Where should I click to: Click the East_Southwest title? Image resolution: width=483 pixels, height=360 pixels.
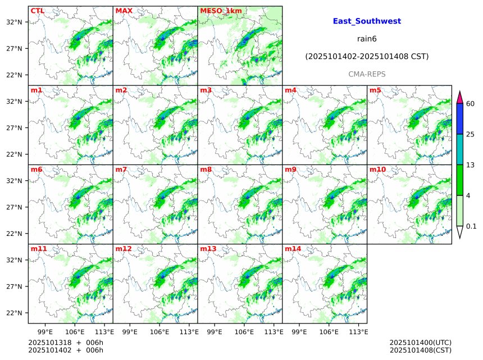(367, 21)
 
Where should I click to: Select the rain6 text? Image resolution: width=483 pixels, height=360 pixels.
(367, 39)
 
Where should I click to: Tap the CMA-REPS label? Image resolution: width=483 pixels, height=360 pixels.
(367, 74)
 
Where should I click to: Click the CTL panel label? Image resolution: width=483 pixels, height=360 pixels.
(38, 11)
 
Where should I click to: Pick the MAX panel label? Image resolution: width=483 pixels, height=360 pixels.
(124, 11)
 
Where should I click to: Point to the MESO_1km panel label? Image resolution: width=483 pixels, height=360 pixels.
(221, 11)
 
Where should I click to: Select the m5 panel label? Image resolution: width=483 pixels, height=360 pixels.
(375, 90)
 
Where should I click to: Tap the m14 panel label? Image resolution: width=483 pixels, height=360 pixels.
(292, 248)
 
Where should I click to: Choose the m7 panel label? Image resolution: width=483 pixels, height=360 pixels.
(121, 169)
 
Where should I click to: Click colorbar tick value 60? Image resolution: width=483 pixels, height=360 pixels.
(471, 104)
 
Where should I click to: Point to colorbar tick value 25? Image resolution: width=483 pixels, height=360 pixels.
(471, 134)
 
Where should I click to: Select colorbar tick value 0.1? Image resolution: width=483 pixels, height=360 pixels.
(471, 226)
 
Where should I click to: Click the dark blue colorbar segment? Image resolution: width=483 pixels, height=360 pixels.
(459, 119)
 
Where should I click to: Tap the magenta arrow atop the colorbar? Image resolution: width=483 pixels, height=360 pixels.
(459, 97)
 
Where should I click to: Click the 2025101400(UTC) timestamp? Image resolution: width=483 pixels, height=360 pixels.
(420, 343)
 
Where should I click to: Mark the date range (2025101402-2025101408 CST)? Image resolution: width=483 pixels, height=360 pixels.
(367, 57)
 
